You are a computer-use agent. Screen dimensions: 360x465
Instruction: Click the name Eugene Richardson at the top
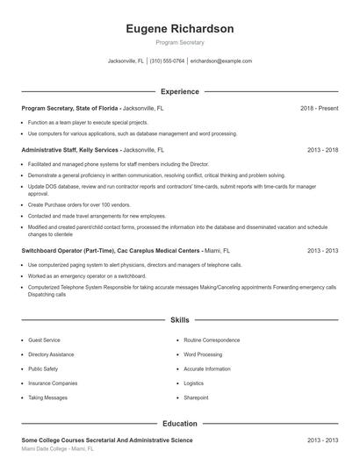179,29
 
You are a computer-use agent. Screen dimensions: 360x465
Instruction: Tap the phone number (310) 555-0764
167,61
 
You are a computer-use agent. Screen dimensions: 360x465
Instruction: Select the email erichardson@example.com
220,61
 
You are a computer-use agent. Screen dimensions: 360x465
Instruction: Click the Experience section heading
179,91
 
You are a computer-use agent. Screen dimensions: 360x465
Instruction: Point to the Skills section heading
179,320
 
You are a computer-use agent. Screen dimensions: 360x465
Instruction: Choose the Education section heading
179,423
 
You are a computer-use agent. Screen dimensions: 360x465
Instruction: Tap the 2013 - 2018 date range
322,150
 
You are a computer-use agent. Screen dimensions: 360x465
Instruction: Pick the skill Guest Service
44,339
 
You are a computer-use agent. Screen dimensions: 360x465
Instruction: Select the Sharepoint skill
196,397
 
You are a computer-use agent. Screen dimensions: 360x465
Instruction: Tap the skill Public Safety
43,368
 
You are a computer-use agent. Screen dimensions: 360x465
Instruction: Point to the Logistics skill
193,383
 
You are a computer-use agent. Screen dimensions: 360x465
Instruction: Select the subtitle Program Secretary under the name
179,42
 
